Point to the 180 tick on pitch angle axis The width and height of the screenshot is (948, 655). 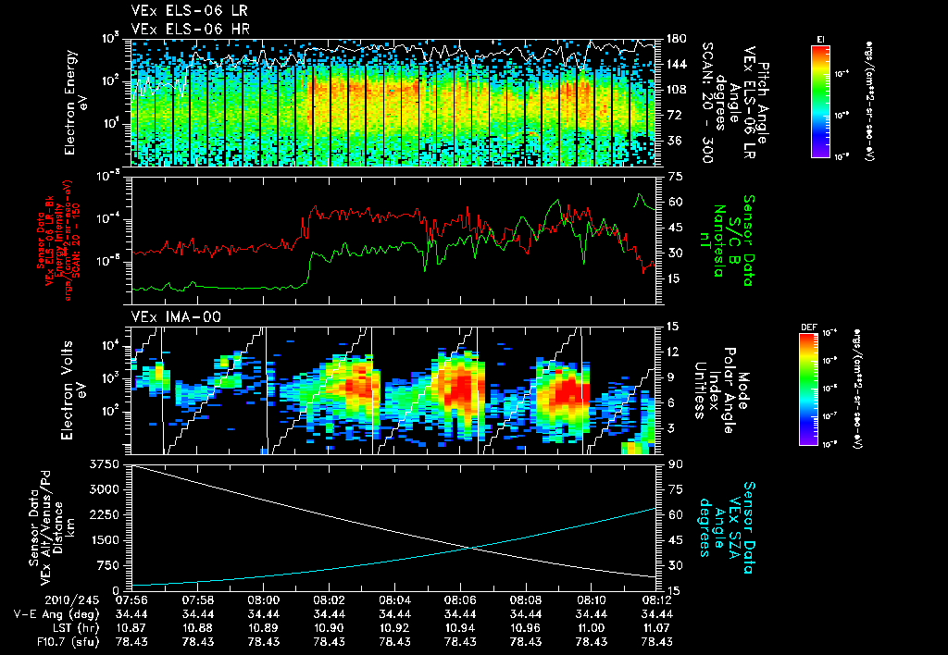coord(674,39)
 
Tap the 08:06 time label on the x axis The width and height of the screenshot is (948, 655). coord(461,600)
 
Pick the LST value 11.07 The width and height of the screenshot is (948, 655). coord(658,627)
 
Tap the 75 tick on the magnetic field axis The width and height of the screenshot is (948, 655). coord(674,176)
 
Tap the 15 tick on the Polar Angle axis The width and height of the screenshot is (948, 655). coord(674,326)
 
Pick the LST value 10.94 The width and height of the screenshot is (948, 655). coord(461,627)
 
